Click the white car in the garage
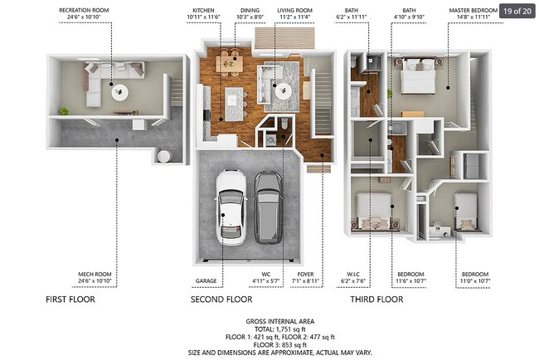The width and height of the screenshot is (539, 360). [x=231, y=207]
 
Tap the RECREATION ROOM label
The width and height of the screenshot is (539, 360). [x=84, y=10]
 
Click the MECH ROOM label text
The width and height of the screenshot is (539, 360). [x=95, y=274]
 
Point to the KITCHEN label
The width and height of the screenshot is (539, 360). [x=203, y=10]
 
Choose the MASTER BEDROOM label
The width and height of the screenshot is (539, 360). [x=473, y=10]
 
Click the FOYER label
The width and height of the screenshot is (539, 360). [x=305, y=274]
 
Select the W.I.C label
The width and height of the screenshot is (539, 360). [x=353, y=274]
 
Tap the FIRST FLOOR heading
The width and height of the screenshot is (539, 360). [x=70, y=299]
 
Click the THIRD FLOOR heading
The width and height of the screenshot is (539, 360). [x=376, y=299]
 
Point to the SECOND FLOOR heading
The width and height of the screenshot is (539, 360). [x=221, y=299]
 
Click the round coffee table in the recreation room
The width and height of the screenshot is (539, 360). [x=120, y=93]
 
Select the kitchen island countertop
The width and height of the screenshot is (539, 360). [x=234, y=104]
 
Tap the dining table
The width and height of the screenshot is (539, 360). [x=230, y=64]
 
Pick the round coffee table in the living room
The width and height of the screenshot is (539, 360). [x=284, y=90]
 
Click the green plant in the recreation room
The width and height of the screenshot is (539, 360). [x=63, y=110]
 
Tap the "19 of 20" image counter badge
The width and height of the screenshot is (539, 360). [x=517, y=11]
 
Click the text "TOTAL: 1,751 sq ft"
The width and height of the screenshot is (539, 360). [x=280, y=329]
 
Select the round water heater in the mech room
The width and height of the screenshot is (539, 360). [x=163, y=156]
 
